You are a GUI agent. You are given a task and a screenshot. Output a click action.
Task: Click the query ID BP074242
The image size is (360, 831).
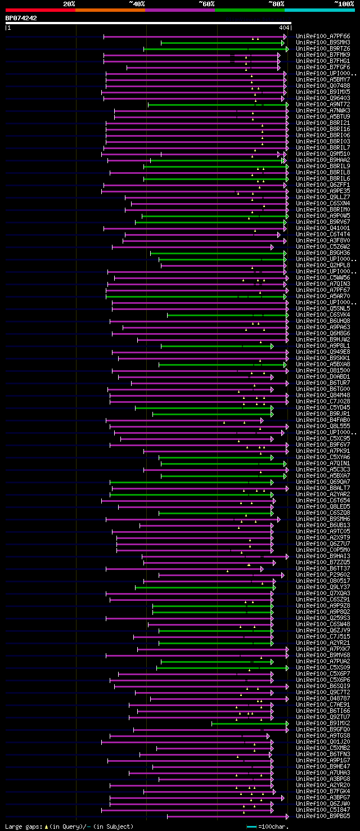[x=21, y=18]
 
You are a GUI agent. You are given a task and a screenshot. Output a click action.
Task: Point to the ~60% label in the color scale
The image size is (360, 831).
[x=206, y=4]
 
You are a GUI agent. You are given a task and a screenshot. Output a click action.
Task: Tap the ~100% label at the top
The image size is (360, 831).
[x=344, y=4]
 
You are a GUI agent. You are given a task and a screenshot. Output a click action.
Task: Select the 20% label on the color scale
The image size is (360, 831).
[x=69, y=4]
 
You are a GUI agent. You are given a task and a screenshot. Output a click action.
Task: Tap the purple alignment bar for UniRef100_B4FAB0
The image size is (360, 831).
[x=183, y=420]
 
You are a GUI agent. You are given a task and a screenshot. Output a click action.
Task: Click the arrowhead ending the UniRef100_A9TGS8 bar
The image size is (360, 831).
[x=268, y=736]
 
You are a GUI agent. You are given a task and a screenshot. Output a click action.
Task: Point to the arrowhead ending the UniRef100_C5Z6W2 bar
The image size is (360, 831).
[x=272, y=247]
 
